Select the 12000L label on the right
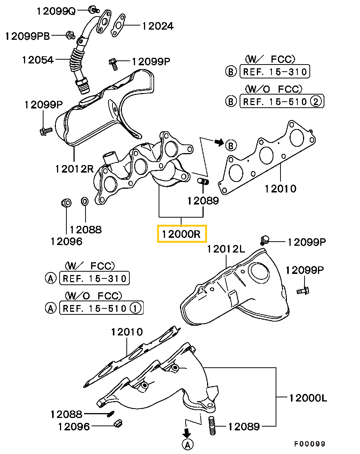[307, 397]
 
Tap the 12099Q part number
[56, 11]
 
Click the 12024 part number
[157, 26]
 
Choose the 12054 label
[37, 59]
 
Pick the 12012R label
[74, 169]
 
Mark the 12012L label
[225, 249]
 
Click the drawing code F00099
[309, 444]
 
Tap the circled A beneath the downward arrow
[187, 445]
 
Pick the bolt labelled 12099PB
[69, 35]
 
